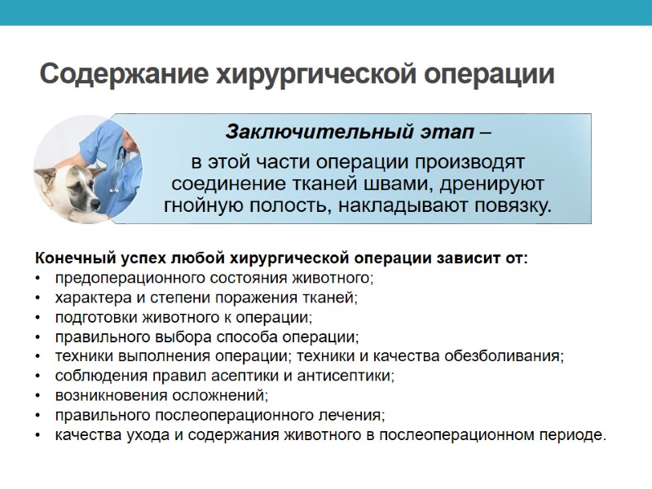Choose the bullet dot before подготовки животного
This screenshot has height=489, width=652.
pyautogui.click(x=37, y=318)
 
